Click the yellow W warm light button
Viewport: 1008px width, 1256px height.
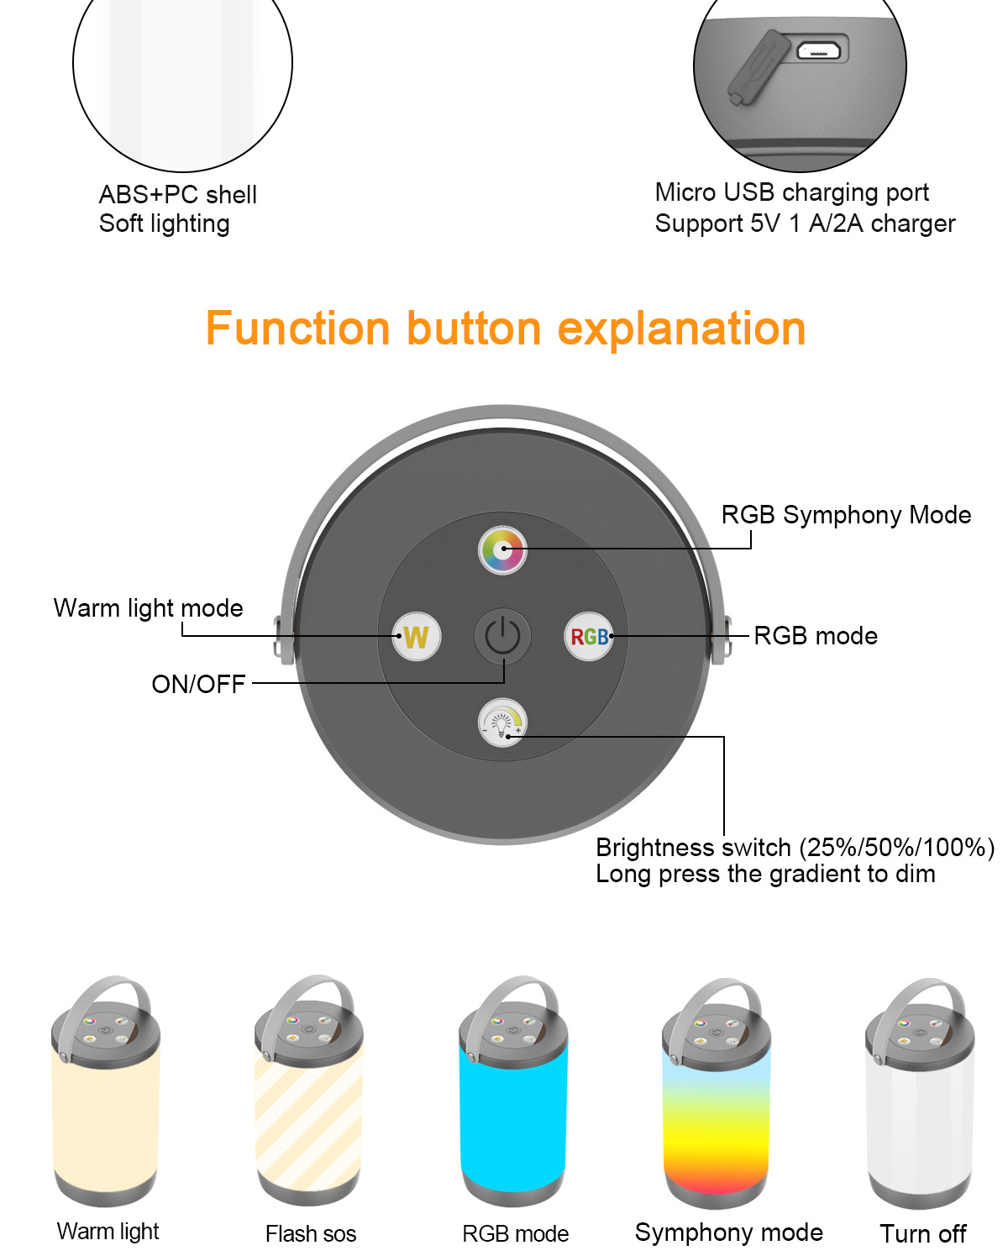click(x=416, y=636)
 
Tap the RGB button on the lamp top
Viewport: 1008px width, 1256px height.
click(x=589, y=636)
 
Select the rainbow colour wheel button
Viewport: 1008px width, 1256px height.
click(x=502, y=549)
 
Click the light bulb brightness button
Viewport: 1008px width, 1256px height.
click(x=502, y=722)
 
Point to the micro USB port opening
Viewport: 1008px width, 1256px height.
click(x=819, y=50)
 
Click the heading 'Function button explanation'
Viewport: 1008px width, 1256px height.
click(x=506, y=328)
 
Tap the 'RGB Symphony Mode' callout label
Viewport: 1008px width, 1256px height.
click(x=847, y=515)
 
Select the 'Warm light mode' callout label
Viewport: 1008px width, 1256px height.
click(x=148, y=608)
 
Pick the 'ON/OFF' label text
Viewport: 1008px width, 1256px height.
click(x=198, y=684)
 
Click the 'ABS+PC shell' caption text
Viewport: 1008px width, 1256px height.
click(x=177, y=194)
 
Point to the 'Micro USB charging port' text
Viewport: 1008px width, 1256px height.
click(x=791, y=192)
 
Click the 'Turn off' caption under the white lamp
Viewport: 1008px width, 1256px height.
click(x=923, y=1233)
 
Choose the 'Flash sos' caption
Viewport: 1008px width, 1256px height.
click(x=311, y=1233)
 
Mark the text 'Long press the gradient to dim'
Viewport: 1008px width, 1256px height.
click(x=765, y=874)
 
